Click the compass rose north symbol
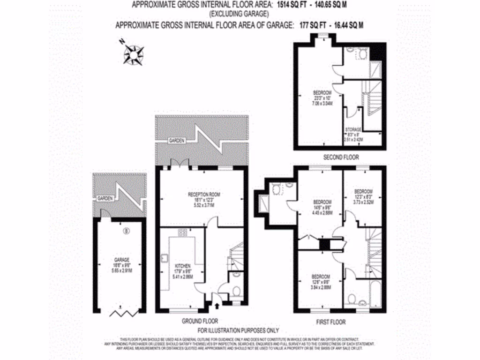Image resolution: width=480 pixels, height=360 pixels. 134,54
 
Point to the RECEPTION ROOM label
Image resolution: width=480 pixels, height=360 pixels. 204,195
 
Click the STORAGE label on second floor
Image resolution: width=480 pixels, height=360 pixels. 353,129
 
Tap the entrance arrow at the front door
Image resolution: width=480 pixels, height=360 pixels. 217,306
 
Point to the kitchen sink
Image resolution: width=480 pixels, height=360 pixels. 165,258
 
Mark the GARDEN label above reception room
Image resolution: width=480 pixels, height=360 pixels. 178,141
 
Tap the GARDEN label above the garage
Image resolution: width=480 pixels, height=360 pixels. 105,199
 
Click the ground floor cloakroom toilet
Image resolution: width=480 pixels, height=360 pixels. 236,292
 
